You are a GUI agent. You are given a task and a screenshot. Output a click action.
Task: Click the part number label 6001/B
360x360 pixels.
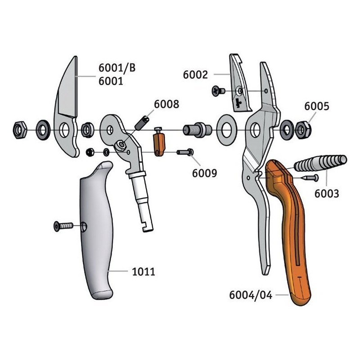[117, 68]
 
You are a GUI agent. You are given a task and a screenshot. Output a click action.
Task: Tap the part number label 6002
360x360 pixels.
[195, 74]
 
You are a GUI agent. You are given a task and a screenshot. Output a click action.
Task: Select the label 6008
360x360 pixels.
[166, 104]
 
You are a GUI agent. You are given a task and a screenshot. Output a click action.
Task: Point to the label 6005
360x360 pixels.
[316, 107]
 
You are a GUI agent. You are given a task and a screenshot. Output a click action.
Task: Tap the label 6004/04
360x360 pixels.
[251, 296]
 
